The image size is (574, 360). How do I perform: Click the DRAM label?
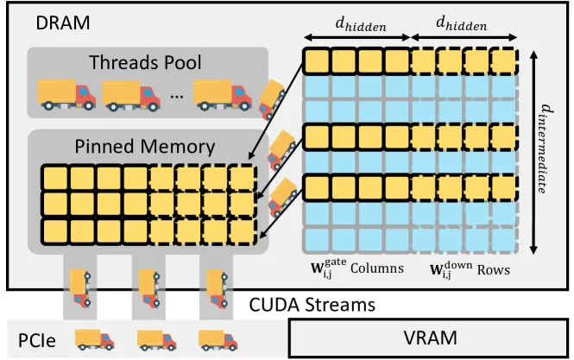63,23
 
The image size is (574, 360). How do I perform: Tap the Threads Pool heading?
145,62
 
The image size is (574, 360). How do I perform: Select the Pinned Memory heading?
145,147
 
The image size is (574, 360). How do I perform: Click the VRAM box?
429,338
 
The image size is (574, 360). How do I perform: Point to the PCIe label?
37,341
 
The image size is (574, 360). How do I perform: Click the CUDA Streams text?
312,305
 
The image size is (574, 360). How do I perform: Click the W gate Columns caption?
357,268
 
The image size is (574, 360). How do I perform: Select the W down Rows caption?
470,269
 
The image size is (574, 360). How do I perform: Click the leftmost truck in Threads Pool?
66,95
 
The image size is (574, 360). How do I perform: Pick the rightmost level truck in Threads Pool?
222,95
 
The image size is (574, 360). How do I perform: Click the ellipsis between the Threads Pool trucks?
177,97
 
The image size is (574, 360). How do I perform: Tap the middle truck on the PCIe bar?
156,340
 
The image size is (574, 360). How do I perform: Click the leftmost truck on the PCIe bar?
94,340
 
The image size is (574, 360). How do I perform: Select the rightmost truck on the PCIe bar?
218,340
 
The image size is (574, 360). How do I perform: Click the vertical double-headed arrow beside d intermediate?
533,152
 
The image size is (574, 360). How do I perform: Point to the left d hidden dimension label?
361,24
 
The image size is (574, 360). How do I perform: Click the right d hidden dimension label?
462,23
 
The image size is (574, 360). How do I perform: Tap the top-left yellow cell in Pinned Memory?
55,179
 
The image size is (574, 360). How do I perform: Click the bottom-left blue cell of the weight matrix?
316,239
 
